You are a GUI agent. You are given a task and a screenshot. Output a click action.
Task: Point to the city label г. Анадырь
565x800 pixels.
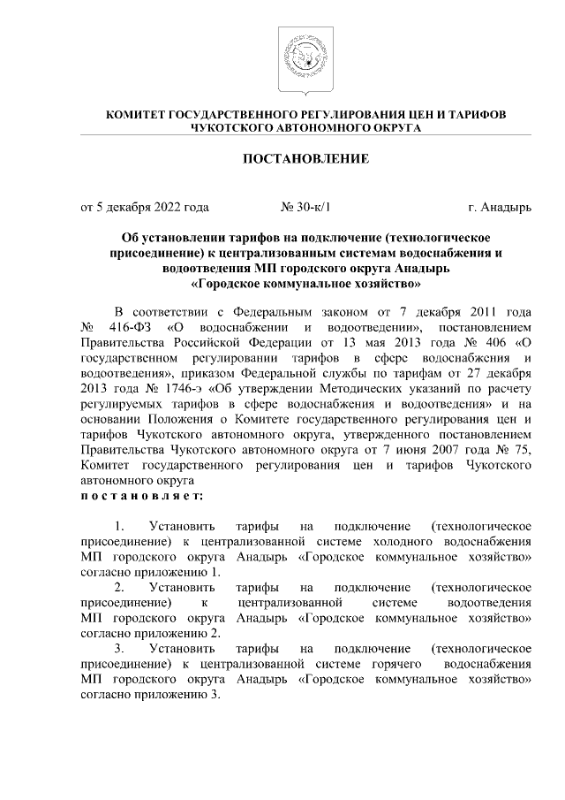pyautogui.click(x=501, y=209)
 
